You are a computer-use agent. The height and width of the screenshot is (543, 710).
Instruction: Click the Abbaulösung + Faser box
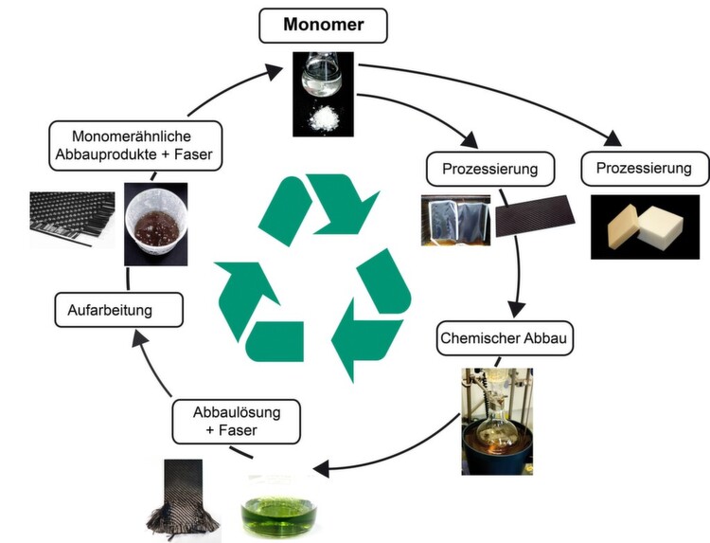(x=236, y=421)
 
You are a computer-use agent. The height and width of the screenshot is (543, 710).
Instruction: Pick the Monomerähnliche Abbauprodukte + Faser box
(x=136, y=145)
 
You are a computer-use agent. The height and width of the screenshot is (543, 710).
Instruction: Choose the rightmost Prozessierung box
(x=644, y=171)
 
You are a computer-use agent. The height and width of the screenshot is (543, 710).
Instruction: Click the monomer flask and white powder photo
(x=322, y=92)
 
